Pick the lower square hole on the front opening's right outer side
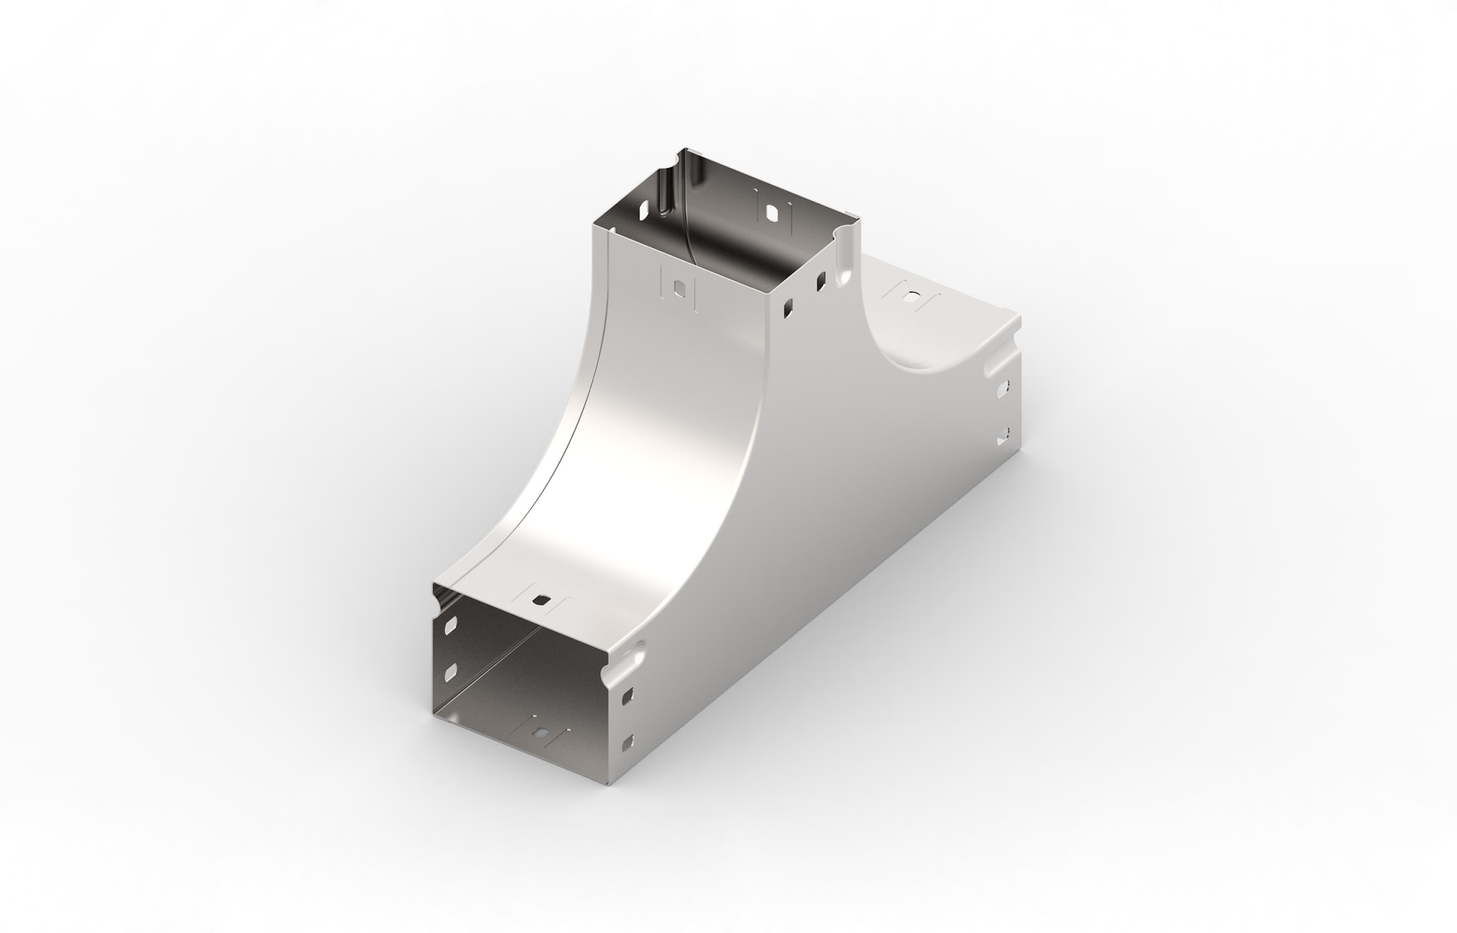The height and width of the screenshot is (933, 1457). [627, 740]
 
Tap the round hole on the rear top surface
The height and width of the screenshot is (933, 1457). [911, 296]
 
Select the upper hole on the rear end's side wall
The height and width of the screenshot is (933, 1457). [1001, 390]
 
